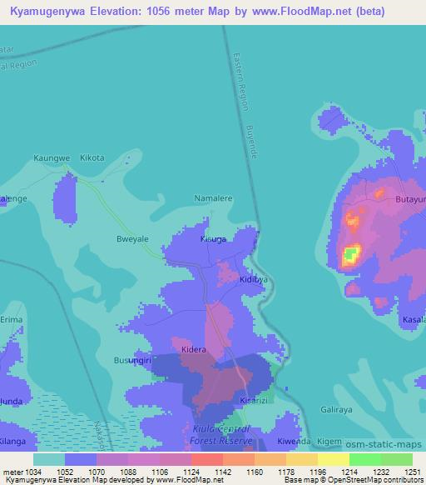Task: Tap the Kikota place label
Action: click(92, 157)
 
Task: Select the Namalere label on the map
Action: click(212, 199)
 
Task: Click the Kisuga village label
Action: click(213, 239)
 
